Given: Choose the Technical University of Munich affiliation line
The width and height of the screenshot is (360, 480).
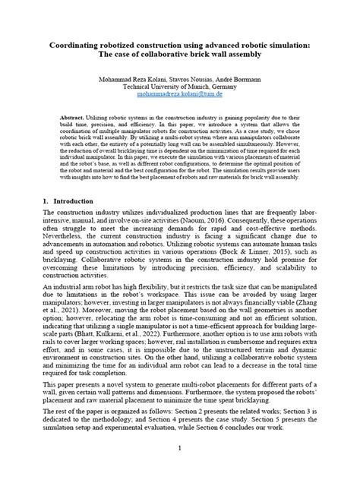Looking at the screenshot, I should tap(180, 88).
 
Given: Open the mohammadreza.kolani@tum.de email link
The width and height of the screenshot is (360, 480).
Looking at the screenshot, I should tap(180, 96).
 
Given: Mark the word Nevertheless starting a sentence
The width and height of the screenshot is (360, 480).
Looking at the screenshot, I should tap(69, 238).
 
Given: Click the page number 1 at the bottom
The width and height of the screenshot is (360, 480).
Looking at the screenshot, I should tap(180, 447).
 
